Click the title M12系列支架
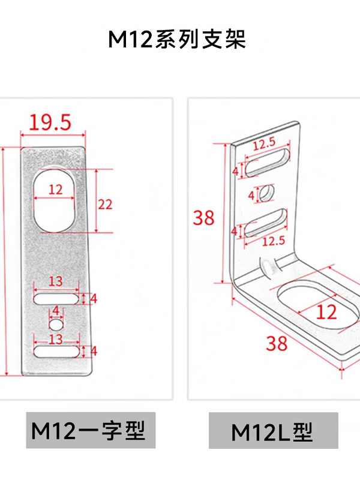[x=177, y=39]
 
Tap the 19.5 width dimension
[x=50, y=122]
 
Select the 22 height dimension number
[x=105, y=204]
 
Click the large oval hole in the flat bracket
[x=54, y=200]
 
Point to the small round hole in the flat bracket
[x=56, y=324]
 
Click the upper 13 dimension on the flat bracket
[x=56, y=281]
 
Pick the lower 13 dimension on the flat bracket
[x=56, y=339]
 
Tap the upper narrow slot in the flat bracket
[x=56, y=299]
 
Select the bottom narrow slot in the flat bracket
[x=56, y=352]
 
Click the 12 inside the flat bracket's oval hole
[x=55, y=190]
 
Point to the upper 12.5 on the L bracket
[x=264, y=143]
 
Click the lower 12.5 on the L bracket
[x=274, y=241]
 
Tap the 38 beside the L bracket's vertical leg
[x=203, y=218]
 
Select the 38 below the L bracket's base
[x=277, y=343]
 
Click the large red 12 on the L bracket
[x=326, y=312]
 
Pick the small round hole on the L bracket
[x=266, y=193]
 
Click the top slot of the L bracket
[x=267, y=163]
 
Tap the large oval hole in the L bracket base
[x=319, y=307]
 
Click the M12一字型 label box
[x=91, y=430]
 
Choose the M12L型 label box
[x=274, y=430]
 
